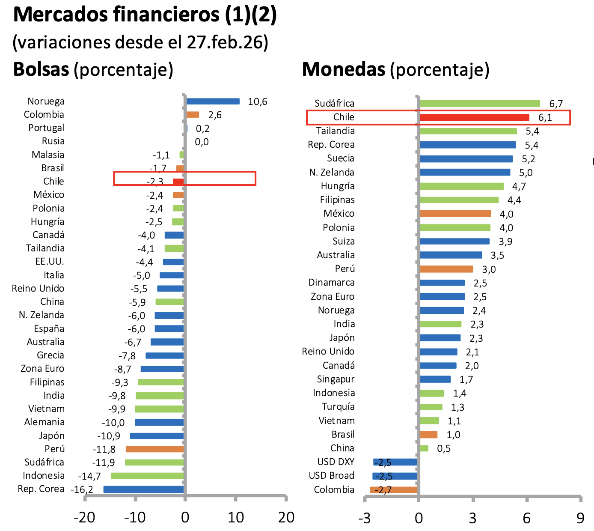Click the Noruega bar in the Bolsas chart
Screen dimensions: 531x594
[213, 101]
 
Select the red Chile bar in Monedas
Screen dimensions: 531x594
[474, 117]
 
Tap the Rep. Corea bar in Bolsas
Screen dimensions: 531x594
[143, 489]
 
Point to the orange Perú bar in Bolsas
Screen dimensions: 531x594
[154, 449]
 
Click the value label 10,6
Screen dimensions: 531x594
[258, 102]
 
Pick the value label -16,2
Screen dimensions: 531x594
[82, 489]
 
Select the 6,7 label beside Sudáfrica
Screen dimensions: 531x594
[556, 104]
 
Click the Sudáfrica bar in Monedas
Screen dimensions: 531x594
[479, 104]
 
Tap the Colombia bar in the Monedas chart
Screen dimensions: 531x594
[394, 490]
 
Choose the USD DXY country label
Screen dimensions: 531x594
[336, 462]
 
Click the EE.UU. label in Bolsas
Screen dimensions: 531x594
[50, 262]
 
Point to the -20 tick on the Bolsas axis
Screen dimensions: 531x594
[84, 518]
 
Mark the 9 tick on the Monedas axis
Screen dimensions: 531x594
[580, 518]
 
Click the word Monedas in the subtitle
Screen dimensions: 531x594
[344, 69]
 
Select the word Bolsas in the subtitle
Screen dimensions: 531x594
[41, 69]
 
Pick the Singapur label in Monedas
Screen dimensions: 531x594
[336, 379]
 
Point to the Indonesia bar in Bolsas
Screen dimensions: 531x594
[147, 476]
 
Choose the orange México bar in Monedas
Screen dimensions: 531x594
[455, 214]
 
